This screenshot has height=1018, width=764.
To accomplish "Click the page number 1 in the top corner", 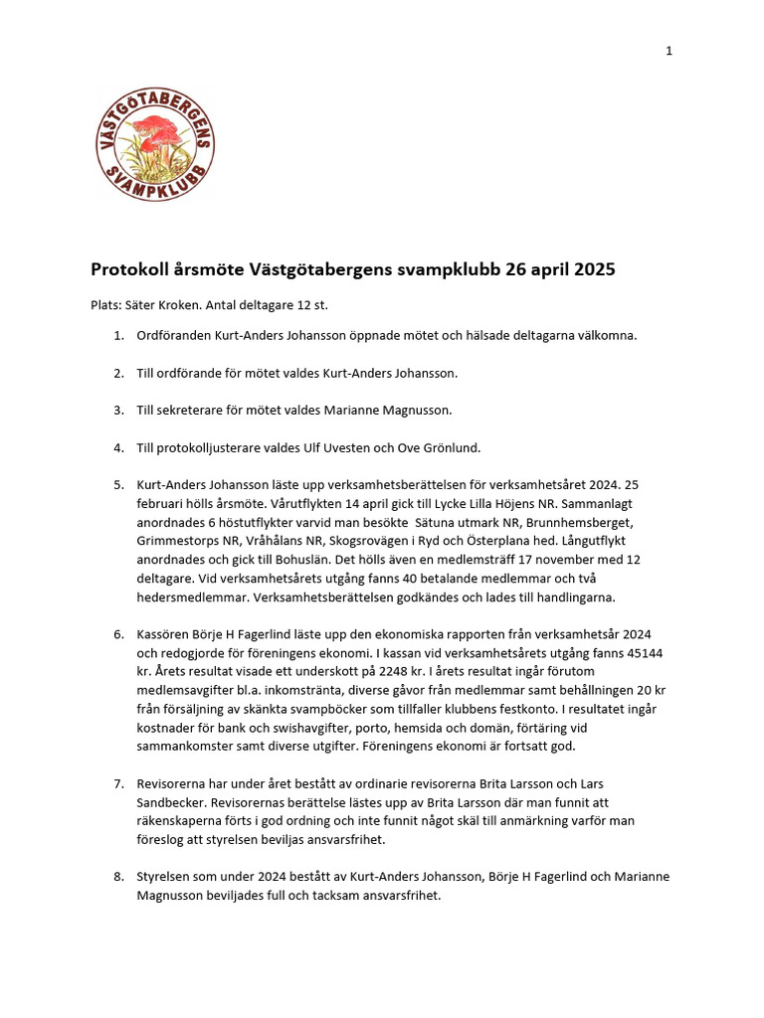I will click(669, 52).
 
